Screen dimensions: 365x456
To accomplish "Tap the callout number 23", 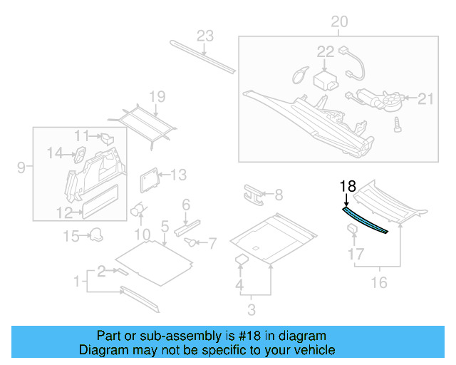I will click(x=205, y=36).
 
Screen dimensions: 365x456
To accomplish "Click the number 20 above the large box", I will click(x=339, y=22).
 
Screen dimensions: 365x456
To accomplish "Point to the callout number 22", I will click(x=325, y=51).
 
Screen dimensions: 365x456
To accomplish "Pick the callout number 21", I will click(x=425, y=98).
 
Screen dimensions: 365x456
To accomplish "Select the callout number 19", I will click(x=157, y=96).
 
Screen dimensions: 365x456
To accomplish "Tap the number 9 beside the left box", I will click(x=21, y=168).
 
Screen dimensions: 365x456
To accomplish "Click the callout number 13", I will click(x=177, y=174).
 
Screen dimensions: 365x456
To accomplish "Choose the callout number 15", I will click(x=71, y=235).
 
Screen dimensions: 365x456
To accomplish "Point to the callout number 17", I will click(x=355, y=253).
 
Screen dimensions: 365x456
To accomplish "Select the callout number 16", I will click(x=379, y=283).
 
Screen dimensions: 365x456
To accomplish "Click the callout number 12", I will click(x=64, y=212).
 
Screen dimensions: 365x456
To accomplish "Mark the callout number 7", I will click(x=211, y=244).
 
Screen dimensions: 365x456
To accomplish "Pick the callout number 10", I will click(x=142, y=234).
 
